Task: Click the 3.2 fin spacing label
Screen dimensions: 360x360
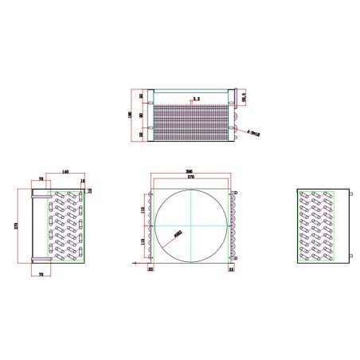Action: coord(196,98)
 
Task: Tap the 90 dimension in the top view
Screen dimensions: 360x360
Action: coord(142,115)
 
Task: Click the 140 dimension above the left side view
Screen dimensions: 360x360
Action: coord(64,172)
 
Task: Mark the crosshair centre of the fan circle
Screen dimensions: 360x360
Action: coord(192,225)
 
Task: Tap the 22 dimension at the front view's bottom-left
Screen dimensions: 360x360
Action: coord(151,270)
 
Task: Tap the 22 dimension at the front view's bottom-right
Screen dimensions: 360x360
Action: coord(232,270)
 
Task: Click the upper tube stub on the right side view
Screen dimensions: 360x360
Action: coord(349,193)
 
